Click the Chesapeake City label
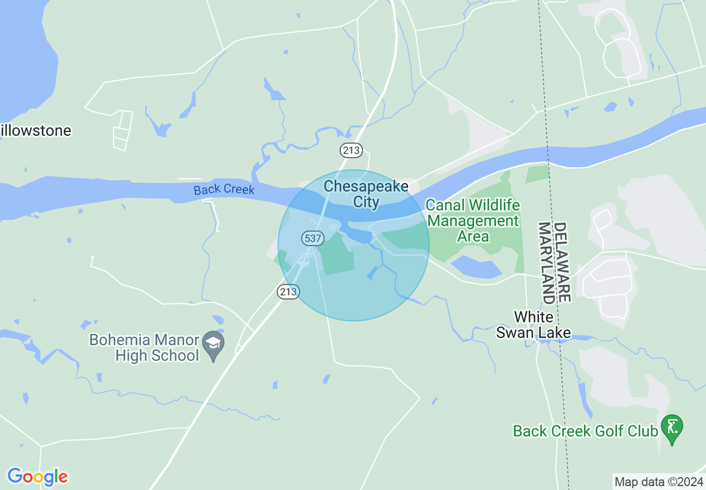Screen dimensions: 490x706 366,194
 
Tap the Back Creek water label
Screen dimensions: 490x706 224,189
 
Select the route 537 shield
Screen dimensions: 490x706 312,238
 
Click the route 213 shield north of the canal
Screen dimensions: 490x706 351,150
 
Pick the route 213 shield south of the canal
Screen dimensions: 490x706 288,291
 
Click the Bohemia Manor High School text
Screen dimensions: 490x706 144,347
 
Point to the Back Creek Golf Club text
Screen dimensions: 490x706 585,431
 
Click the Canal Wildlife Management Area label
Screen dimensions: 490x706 473,220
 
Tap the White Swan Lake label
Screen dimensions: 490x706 533,325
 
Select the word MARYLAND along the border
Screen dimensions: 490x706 546,263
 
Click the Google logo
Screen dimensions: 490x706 37,477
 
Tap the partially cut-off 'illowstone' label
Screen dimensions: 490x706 36,131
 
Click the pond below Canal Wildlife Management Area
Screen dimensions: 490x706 476,267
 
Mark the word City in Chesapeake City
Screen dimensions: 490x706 366,202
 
